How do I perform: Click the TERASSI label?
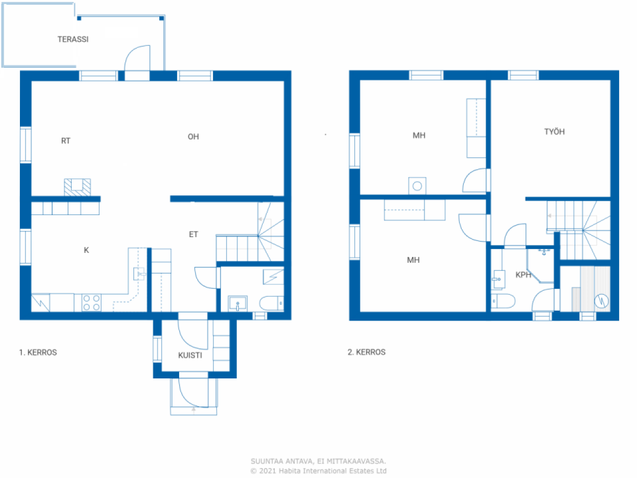pos(73,39)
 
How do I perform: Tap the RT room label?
pos(66,141)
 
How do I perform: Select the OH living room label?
pos(193,137)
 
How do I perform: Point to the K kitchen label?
pos(86,250)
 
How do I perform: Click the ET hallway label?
pos(193,234)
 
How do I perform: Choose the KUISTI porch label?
pos(190,355)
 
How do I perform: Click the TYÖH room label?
pos(554,132)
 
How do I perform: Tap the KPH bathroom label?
pos(523,275)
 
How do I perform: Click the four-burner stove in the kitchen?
pos(91,303)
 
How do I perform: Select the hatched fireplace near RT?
pos(78,187)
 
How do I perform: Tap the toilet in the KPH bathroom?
pos(503,301)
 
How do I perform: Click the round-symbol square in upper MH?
pos(417,186)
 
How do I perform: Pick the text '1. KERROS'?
pos(38,353)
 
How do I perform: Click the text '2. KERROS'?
pos(366,352)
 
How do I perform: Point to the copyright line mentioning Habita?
pos(318,471)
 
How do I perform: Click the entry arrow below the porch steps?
pos(194,410)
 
